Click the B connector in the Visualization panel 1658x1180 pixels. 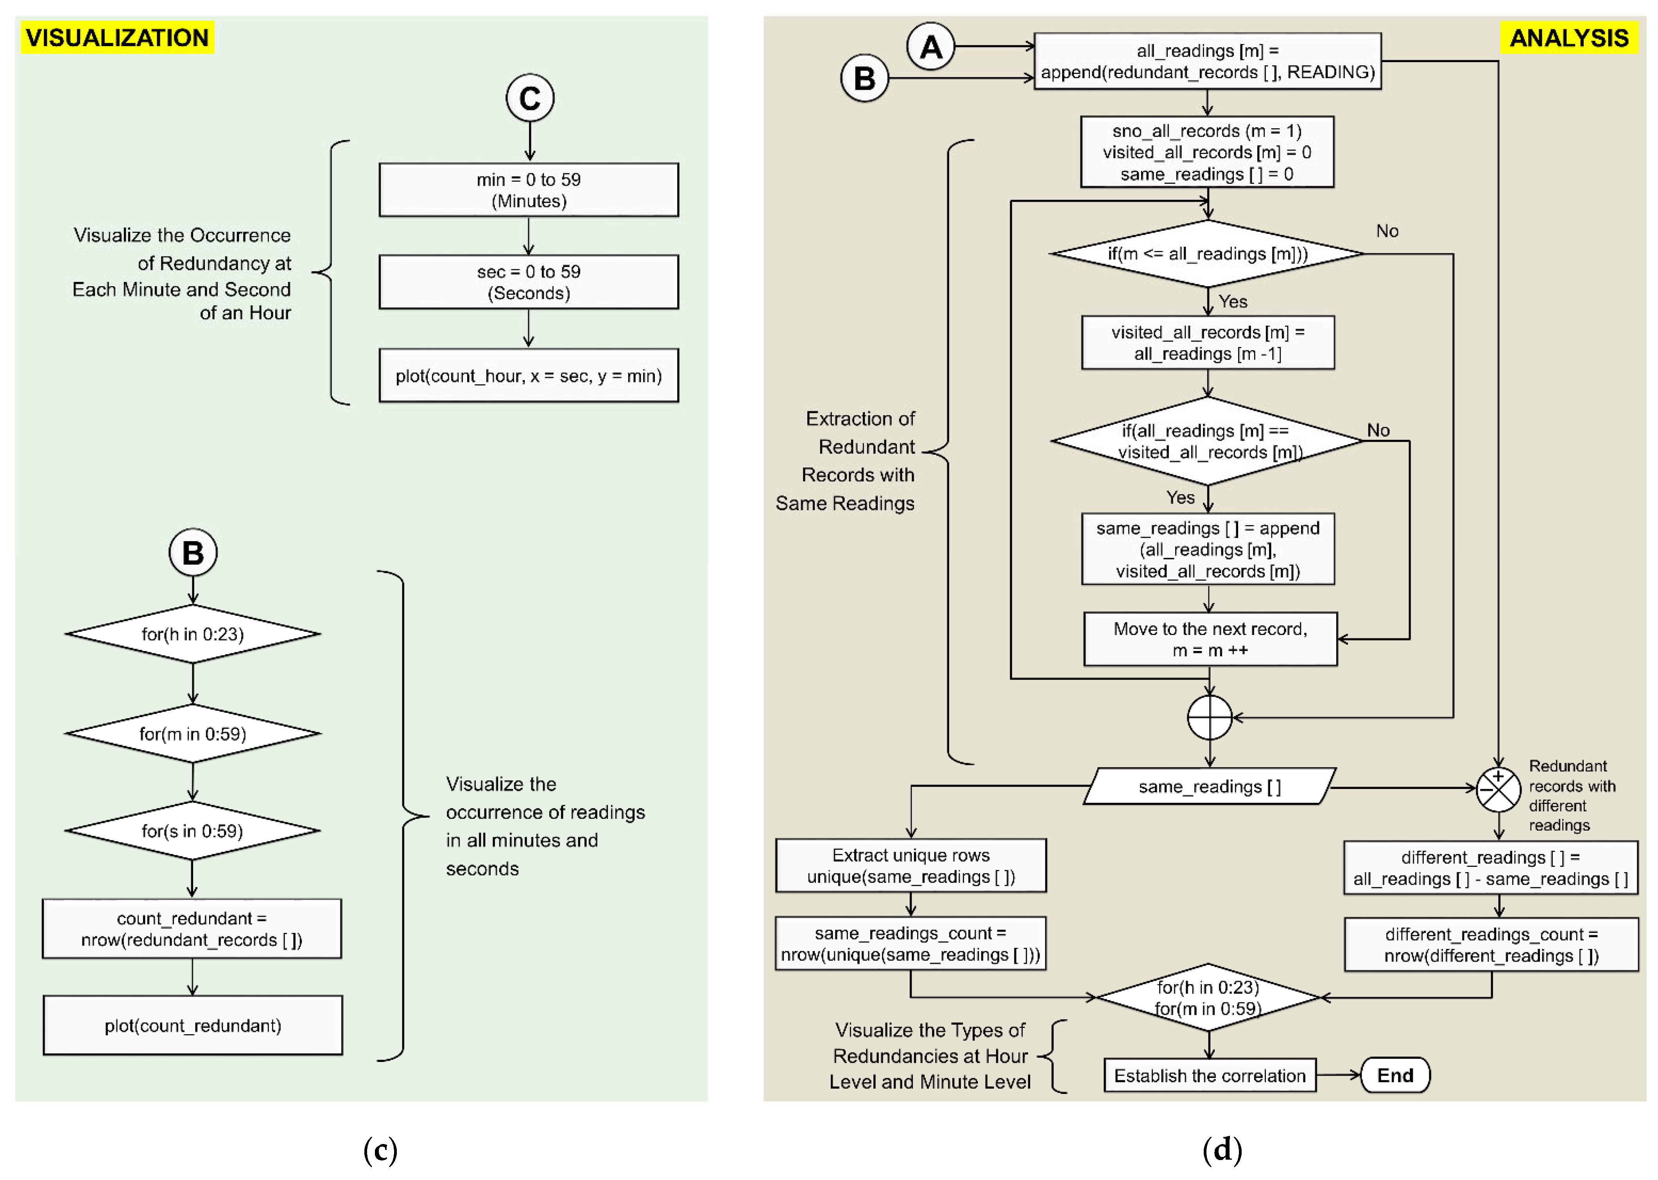click(x=192, y=552)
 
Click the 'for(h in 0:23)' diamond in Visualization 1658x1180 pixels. click(x=192, y=634)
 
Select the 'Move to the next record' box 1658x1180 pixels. click(x=1210, y=639)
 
